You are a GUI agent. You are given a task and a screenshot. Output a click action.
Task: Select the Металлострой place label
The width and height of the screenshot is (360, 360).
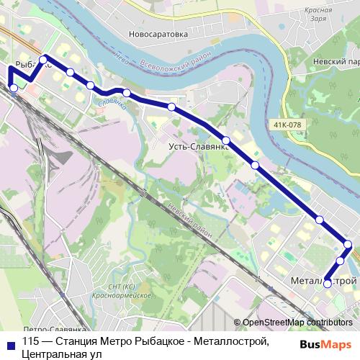point(324,280)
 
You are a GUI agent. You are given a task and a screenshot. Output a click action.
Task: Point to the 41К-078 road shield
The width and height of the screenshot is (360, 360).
point(287,125)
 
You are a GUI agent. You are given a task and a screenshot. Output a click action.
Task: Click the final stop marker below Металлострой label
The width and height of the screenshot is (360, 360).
point(328,284)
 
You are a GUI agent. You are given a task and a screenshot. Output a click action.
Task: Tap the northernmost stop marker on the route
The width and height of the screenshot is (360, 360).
point(44,59)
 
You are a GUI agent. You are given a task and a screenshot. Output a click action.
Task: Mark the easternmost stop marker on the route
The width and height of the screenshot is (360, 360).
point(348,245)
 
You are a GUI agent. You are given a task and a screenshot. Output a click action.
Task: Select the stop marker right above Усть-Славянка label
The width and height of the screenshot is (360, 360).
point(226,140)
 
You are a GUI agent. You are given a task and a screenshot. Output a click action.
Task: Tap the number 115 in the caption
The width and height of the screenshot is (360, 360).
point(31,341)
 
